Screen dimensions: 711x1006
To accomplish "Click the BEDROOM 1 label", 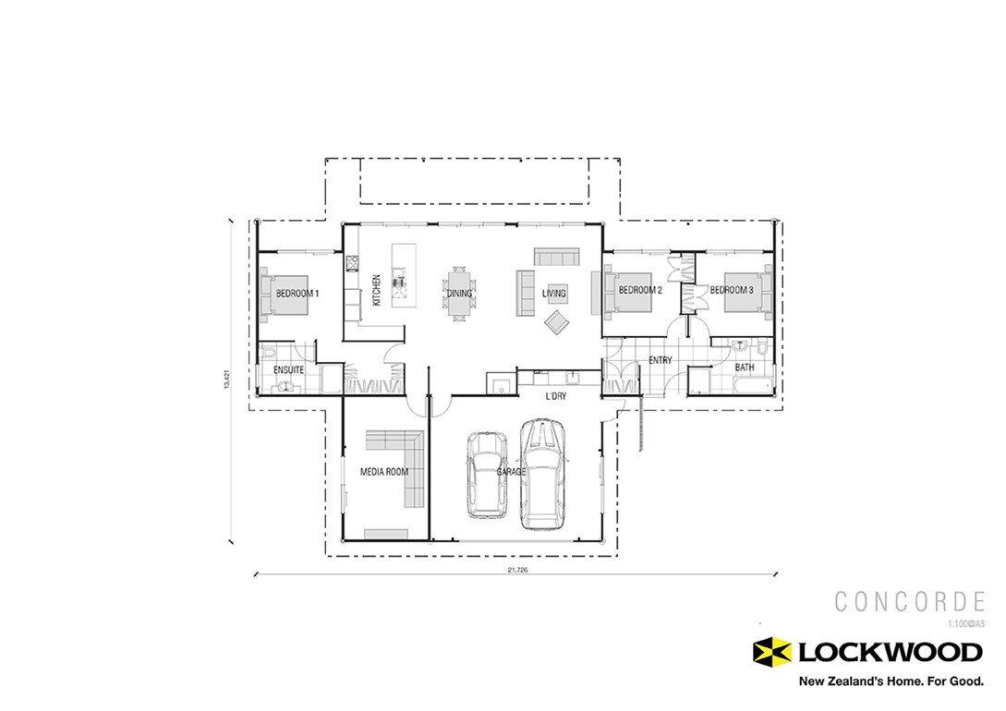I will tap(297, 294).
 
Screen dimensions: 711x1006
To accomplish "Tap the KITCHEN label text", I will tap(377, 290).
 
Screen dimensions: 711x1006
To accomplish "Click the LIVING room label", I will tap(553, 294).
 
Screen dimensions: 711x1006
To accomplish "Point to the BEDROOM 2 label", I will tap(640, 290).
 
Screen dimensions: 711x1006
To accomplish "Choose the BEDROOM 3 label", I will tap(733, 290).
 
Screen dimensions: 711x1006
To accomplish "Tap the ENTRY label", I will tap(660, 361).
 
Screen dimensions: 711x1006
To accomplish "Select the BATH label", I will tap(745, 368).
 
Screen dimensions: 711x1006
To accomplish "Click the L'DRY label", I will tap(555, 396).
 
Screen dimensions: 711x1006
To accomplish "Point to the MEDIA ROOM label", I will tap(383, 472).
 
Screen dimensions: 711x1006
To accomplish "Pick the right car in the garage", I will tap(542, 474).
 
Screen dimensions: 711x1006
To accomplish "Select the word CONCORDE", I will tap(909, 602).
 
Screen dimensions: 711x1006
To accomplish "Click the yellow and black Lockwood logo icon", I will tap(772, 652).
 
